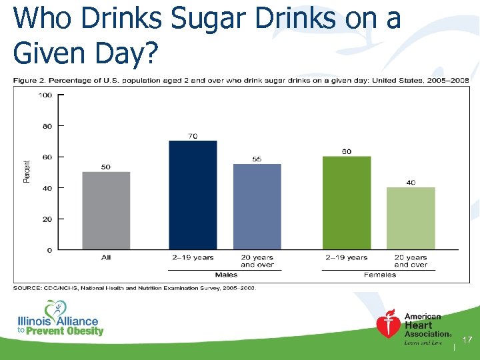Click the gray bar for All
click(x=106, y=211)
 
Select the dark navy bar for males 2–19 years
click(x=193, y=195)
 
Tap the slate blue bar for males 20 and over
click(x=257, y=207)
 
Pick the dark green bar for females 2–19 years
click(x=346, y=203)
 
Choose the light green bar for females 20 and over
click(x=411, y=218)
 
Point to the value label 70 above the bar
click(x=193, y=136)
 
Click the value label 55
click(x=257, y=159)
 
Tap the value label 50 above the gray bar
click(x=106, y=167)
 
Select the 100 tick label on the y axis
click(x=45, y=95)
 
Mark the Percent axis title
click(x=27, y=172)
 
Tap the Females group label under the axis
click(x=380, y=274)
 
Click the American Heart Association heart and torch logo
click(x=388, y=325)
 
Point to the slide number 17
click(x=467, y=341)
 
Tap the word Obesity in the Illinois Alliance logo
click(x=80, y=331)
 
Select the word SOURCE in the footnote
click(x=26, y=288)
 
